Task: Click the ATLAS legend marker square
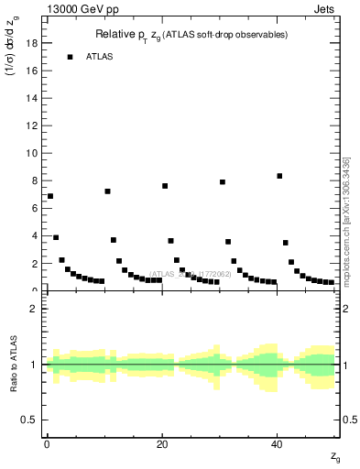click(x=70, y=57)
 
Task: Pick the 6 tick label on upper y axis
click(x=34, y=208)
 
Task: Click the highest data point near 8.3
click(x=279, y=176)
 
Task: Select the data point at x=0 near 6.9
click(x=50, y=196)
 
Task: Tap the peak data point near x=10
click(x=107, y=191)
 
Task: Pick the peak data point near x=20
click(x=165, y=186)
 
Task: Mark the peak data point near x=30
click(x=223, y=182)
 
